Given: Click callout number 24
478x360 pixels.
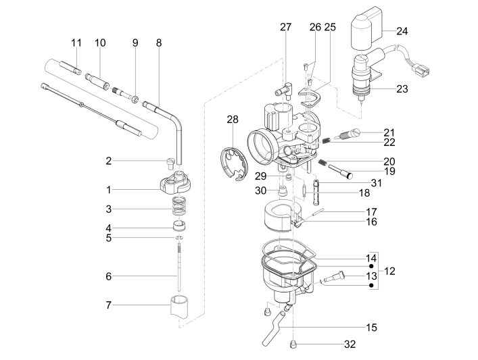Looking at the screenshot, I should [x=402, y=31].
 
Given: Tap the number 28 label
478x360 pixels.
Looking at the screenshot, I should [x=233, y=120].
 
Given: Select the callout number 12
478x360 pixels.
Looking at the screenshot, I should [x=390, y=271].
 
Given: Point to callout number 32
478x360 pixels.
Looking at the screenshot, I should [x=349, y=344].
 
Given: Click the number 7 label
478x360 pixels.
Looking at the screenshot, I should [x=108, y=305].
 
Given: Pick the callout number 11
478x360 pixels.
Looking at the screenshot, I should [x=76, y=43].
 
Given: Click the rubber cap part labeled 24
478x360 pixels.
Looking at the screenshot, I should [x=366, y=33].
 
